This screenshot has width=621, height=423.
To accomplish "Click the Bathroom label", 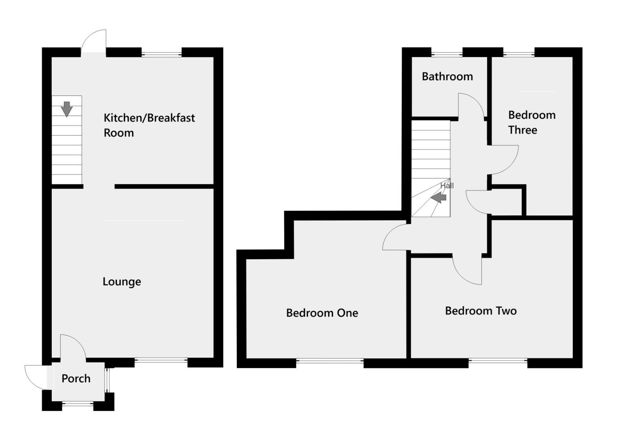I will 447,76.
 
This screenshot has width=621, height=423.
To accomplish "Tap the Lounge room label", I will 122,282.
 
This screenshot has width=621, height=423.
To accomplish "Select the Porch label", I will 76,378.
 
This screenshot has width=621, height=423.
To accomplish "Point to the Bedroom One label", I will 322,313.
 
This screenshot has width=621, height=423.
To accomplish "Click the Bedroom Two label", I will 481,311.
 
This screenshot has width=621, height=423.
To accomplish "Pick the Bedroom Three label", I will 532,122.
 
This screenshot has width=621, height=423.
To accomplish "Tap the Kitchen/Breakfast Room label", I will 149,125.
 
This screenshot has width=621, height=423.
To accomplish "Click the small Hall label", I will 447,186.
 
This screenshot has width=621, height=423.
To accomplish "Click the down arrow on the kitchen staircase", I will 67,109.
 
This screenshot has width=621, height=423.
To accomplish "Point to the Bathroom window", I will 447,53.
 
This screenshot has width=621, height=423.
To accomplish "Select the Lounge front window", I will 161,361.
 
